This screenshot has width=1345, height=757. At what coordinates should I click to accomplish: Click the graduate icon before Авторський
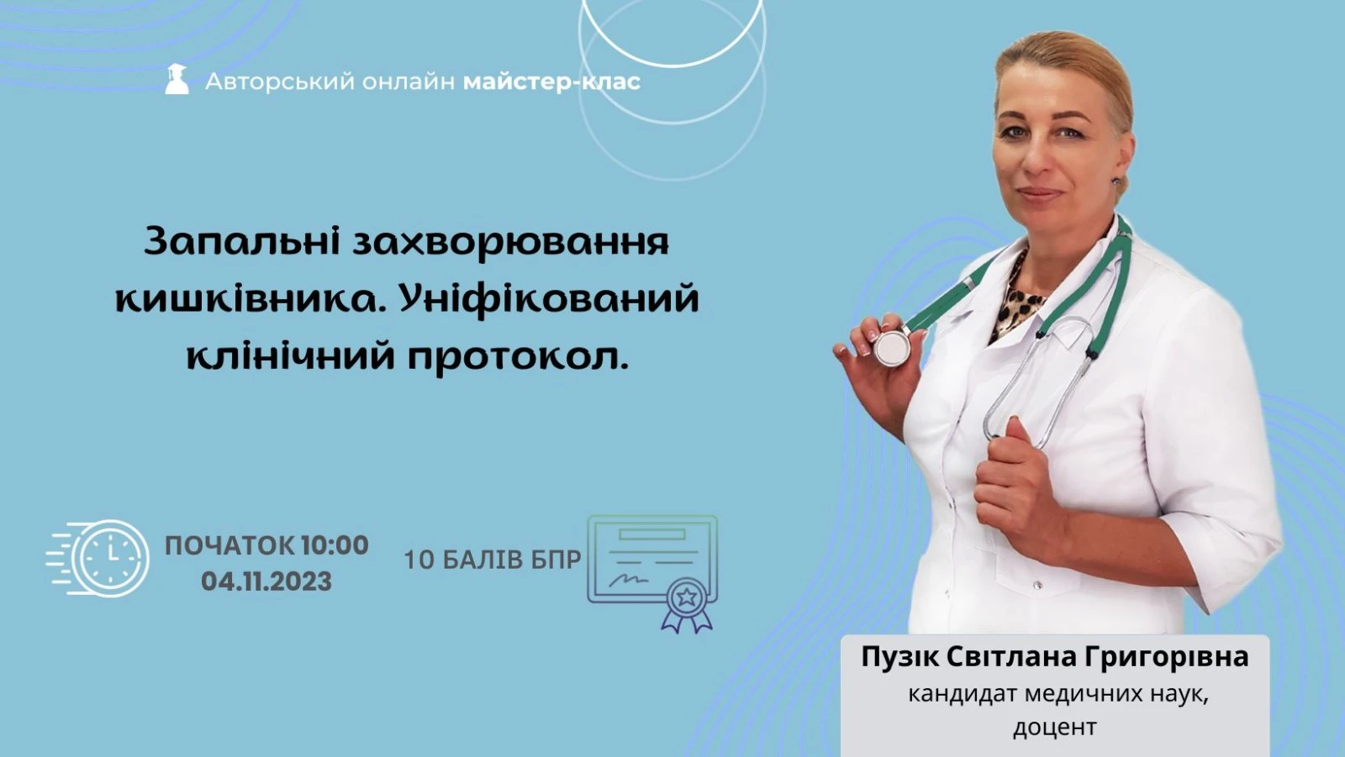coord(177,79)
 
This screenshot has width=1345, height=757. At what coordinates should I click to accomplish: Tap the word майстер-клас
coord(551,81)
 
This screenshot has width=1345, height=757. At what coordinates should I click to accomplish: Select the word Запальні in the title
coord(242,242)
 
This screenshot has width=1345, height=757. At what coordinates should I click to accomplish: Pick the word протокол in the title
coord(519,357)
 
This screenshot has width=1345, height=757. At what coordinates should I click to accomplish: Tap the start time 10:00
coord(335,545)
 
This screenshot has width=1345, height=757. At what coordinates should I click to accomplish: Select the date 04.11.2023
coord(266,581)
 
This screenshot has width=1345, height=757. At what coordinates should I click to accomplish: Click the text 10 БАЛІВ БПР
coord(493,560)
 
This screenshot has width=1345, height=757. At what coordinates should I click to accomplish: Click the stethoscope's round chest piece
coord(892,348)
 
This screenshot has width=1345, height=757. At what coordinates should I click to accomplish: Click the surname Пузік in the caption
coord(900,657)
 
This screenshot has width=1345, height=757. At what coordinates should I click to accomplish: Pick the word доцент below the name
coord(1055,728)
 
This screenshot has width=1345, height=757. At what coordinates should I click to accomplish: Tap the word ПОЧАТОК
coord(230,545)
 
